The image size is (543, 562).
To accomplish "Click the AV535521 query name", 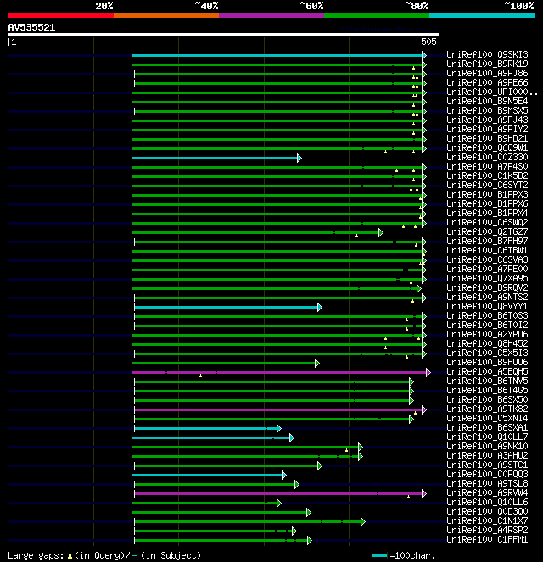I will pyautogui.click(x=32, y=27).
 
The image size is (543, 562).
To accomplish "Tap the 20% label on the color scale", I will pyautogui.click(x=104, y=6).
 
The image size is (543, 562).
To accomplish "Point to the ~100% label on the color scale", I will pyautogui.click(x=518, y=6).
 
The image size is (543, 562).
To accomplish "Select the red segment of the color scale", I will pyautogui.click(x=60, y=15).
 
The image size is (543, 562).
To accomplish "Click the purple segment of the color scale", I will pyautogui.click(x=271, y=15).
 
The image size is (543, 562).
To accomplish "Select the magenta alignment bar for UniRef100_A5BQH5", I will pyautogui.click(x=280, y=372).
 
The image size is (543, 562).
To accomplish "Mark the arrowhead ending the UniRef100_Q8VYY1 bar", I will pyautogui.click(x=320, y=307).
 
